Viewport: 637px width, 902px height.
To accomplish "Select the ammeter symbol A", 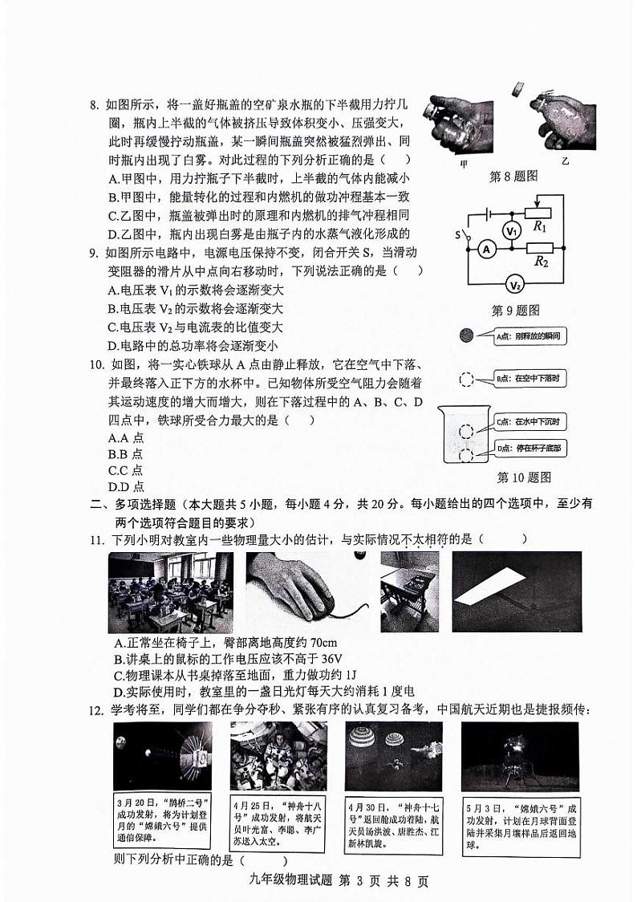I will pyautogui.click(x=485, y=250).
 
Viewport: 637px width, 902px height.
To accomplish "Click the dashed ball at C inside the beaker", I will pyautogui.click(x=466, y=431).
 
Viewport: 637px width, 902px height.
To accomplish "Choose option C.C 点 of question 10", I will pyautogui.click(x=126, y=470).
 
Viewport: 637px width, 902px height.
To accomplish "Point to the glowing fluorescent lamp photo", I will pyautogui.click(x=516, y=591).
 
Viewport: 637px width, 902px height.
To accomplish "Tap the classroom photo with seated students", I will pyautogui.click(x=170, y=592).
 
